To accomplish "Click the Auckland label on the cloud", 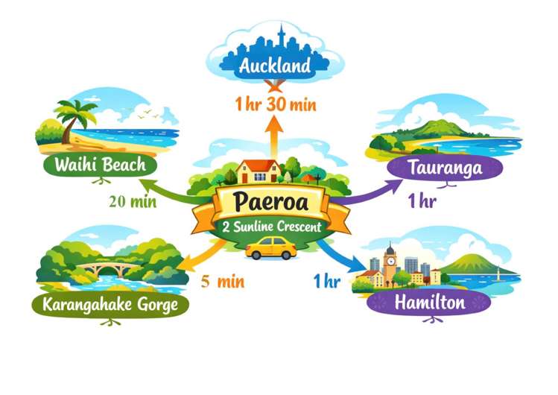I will pos(275,66).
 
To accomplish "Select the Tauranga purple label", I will pos(446,168).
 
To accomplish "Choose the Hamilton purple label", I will pos(430,303).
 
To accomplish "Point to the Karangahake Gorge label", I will pos(110,305).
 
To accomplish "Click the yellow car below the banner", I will pos(270,247).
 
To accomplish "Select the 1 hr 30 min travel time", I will pos(275,104).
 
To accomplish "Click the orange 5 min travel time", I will pos(222,282).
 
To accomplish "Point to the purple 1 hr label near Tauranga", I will pos(422,200).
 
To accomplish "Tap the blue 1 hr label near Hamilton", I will pos(326,281).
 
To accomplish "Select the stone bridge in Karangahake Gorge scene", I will pos(114,268).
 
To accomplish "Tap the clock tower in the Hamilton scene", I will pos(390,263).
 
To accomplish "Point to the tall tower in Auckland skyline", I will pos(281,39).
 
